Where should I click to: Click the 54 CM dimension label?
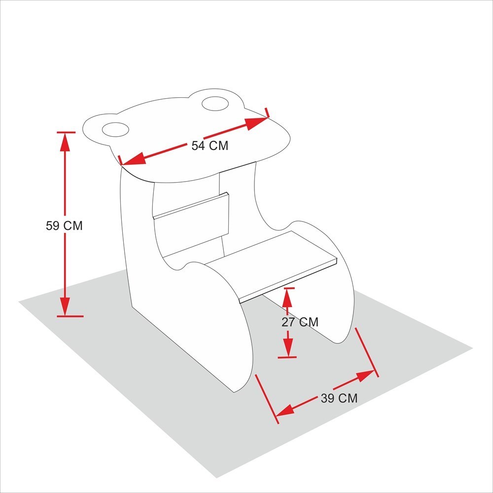point(210,146)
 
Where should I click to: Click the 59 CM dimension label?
point(64,226)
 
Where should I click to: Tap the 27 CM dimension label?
point(300,322)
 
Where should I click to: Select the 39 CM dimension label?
point(339,398)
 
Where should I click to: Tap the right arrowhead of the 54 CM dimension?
point(257,122)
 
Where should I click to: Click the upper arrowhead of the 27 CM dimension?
point(287,298)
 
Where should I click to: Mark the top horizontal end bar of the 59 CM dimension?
point(66,132)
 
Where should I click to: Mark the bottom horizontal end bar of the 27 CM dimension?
point(287,357)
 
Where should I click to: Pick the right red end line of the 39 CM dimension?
point(367,352)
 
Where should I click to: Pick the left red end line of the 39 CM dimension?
point(267,399)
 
